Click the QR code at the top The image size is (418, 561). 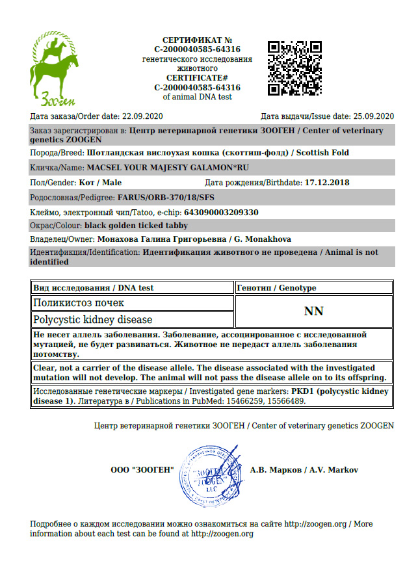pyautogui.click(x=294, y=67)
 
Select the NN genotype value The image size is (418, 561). pyautogui.click(x=313, y=311)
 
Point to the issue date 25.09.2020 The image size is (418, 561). pyautogui.click(x=373, y=116)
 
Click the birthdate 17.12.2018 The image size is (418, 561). pyautogui.click(x=327, y=183)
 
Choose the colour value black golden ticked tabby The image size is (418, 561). pyautogui.click(x=136, y=226)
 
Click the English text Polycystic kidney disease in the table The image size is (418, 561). pyautogui.click(x=93, y=320)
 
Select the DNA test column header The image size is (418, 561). pyautogui.click(x=93, y=287)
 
